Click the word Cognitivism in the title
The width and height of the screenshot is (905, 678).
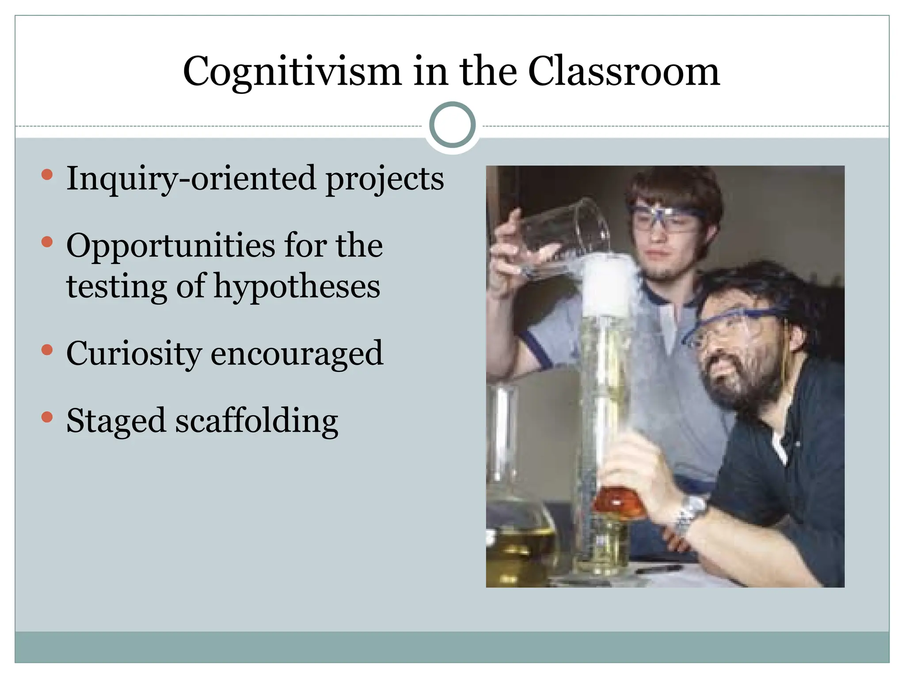(x=292, y=72)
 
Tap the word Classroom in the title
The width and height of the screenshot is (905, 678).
(x=624, y=71)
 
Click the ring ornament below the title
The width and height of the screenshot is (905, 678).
(x=452, y=125)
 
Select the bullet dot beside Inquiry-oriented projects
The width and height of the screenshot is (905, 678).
(x=47, y=175)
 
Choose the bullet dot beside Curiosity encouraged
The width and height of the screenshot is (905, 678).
(x=47, y=350)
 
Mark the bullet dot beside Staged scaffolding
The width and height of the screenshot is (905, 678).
(x=47, y=417)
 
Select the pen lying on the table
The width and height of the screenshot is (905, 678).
(x=658, y=569)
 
